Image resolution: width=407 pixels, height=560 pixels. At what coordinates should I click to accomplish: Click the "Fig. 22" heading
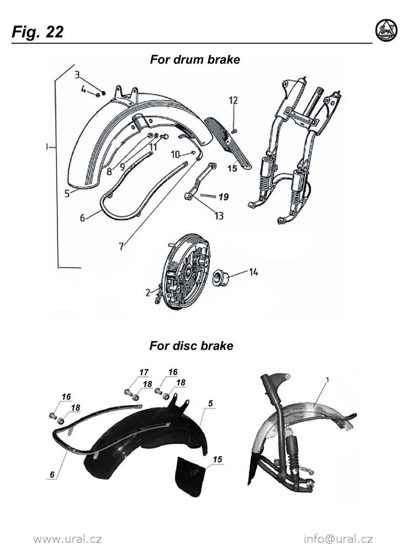point(37,32)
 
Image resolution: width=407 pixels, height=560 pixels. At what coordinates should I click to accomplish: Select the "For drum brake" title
point(194,60)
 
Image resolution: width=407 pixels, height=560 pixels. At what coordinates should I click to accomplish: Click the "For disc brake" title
point(191,346)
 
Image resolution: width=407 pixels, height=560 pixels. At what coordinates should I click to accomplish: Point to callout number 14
point(253,272)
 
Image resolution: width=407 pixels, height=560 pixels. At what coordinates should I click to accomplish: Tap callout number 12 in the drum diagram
point(233,100)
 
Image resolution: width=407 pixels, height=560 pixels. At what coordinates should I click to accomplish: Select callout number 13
point(219,216)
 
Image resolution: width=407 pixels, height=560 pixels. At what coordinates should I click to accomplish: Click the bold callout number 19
point(224,197)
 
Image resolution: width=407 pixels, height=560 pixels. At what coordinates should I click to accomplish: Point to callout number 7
point(121,246)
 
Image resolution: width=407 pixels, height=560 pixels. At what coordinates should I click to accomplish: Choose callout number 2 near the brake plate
point(148,293)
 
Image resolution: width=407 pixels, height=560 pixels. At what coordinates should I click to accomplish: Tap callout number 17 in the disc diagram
point(143,372)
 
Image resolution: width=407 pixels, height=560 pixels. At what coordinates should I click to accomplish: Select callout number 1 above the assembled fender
point(327,380)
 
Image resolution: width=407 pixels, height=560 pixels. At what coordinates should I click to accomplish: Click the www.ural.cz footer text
point(67,539)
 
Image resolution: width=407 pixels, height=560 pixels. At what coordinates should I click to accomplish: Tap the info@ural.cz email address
point(338,539)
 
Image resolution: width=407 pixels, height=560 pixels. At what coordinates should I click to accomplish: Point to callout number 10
point(175,154)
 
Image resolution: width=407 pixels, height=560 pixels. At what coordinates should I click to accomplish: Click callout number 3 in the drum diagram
point(77,75)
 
